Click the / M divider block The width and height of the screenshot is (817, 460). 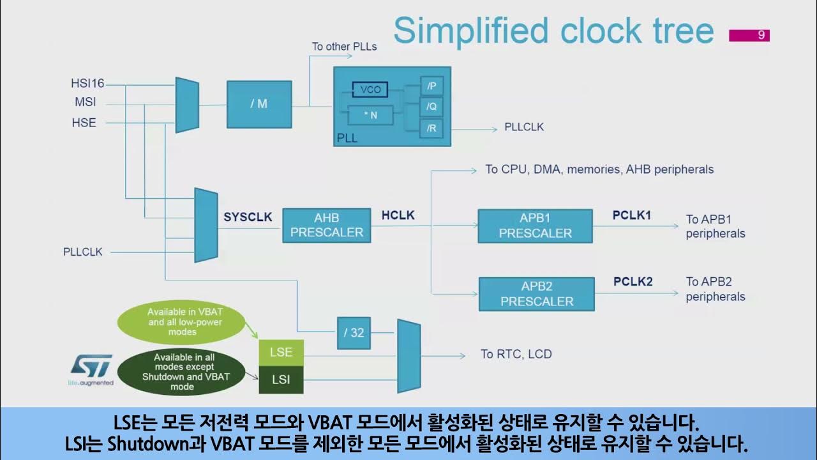259,104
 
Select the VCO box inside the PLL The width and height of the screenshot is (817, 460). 370,90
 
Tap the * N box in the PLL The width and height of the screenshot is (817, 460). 370,116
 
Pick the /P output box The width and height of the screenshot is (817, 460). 431,86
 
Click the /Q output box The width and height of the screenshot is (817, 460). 431,107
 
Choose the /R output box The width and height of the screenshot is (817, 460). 431,128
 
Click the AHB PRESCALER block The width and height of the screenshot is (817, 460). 326,225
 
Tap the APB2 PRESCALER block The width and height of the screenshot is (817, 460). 536,293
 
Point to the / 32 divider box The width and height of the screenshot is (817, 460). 354,333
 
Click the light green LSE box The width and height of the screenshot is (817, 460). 281,352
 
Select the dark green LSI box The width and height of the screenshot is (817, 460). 281,379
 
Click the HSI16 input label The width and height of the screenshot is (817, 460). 87,84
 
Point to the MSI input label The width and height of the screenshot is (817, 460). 85,102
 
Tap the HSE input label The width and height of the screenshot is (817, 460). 84,123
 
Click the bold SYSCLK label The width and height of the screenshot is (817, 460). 248,217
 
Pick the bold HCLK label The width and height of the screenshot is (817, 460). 398,215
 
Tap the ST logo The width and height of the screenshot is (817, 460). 91,369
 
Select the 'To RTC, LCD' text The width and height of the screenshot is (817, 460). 516,354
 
